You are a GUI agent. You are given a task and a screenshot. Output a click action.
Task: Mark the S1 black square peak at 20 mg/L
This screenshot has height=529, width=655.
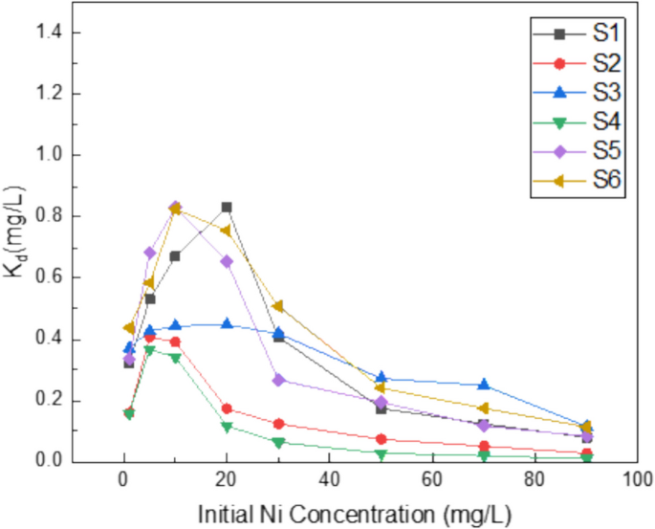(227, 207)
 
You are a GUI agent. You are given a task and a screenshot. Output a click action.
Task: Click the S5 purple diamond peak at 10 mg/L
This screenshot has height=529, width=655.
(175, 207)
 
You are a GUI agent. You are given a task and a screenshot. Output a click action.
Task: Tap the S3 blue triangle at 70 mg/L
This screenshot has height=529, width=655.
(484, 385)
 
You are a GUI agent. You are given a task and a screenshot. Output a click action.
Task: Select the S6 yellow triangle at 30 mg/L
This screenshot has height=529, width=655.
(278, 306)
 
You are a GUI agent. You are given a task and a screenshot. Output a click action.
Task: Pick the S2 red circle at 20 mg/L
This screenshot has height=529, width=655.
(227, 408)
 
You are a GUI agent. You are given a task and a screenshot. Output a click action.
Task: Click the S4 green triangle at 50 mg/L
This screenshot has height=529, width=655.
(381, 453)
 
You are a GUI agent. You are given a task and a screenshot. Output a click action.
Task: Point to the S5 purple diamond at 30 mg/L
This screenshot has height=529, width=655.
(278, 380)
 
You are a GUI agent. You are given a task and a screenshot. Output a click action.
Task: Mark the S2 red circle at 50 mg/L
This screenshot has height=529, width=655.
(381, 439)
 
